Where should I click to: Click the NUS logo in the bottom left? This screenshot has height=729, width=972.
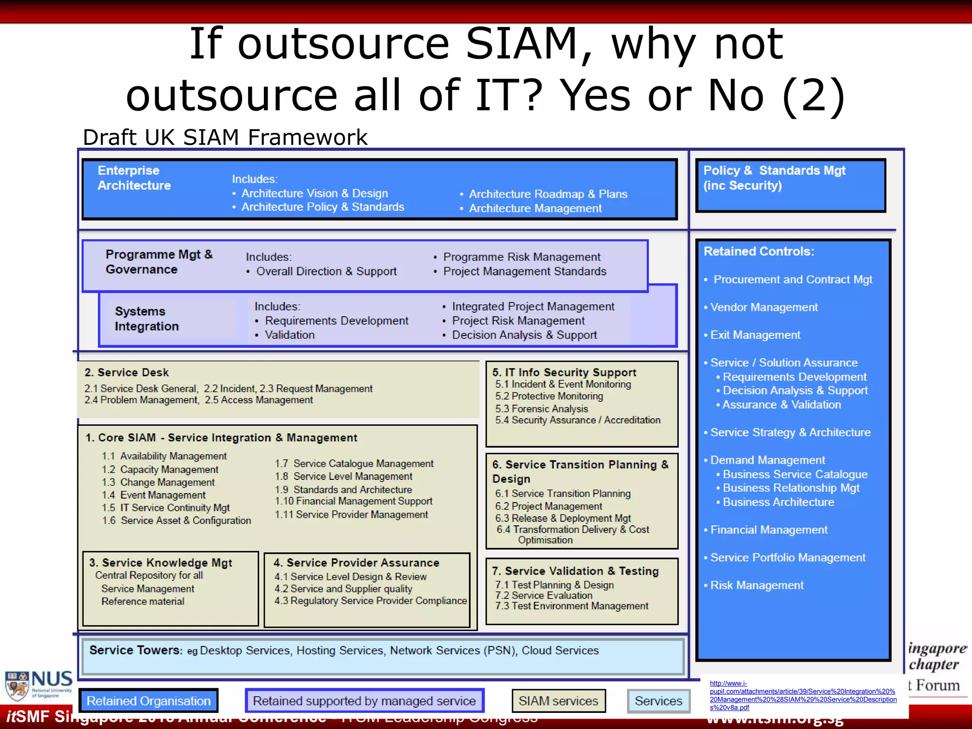pyautogui.click(x=39, y=685)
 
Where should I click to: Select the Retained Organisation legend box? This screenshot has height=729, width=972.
pyautogui.click(x=149, y=701)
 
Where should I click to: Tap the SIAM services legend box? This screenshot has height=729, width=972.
pyautogui.click(x=559, y=701)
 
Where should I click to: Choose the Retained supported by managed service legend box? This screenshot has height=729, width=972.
pyautogui.click(x=364, y=701)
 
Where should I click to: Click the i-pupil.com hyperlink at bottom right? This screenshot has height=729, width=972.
pyautogui.click(x=803, y=695)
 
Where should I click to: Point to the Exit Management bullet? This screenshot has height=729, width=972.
pyautogui.click(x=755, y=335)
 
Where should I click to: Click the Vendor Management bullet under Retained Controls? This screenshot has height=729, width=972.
pyautogui.click(x=764, y=308)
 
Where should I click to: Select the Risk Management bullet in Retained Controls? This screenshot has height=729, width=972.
pyautogui.click(x=757, y=586)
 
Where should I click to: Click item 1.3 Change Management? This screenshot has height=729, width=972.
pyautogui.click(x=158, y=482)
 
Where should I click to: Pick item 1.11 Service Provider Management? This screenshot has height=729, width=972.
pyautogui.click(x=351, y=514)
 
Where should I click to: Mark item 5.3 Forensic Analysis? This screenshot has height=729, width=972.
pyautogui.click(x=542, y=409)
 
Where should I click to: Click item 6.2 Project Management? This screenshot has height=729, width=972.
pyautogui.click(x=549, y=506)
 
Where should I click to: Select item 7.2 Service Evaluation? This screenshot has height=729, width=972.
pyautogui.click(x=544, y=596)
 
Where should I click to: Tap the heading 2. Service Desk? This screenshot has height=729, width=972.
pyautogui.click(x=127, y=373)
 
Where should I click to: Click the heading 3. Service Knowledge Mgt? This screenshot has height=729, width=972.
pyautogui.click(x=160, y=563)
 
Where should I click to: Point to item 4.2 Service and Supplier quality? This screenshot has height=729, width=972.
pyautogui.click(x=343, y=589)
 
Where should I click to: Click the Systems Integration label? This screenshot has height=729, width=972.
pyautogui.click(x=147, y=319)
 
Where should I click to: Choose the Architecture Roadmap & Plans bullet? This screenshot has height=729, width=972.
pyautogui.click(x=548, y=194)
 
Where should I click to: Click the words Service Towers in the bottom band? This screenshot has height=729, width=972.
pyautogui.click(x=135, y=650)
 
